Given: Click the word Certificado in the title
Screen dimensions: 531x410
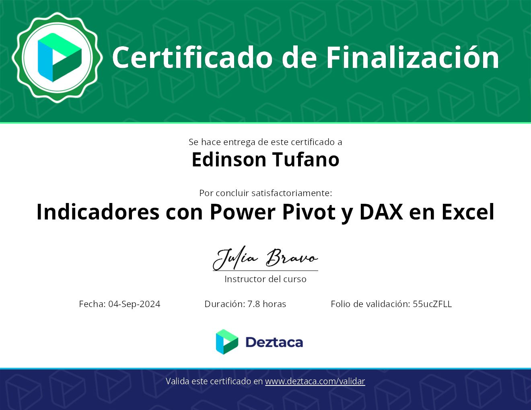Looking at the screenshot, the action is (x=192, y=58).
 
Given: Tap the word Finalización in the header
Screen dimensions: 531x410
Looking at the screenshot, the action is (x=412, y=57).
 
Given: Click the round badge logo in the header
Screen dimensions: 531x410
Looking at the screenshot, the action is (x=58, y=57).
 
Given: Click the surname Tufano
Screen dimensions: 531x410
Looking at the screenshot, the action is (x=306, y=160).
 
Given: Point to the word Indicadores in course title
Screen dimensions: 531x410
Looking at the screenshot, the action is (x=98, y=212).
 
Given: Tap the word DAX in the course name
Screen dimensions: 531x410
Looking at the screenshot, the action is (x=381, y=212).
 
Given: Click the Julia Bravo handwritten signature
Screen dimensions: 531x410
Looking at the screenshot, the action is (x=265, y=258).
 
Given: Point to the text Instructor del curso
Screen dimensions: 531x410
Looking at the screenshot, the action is (x=265, y=279).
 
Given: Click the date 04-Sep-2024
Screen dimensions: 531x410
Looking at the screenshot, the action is (x=134, y=304).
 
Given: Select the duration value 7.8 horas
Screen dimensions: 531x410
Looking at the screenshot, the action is (x=267, y=304).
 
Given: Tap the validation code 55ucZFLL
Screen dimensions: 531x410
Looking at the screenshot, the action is (x=432, y=304).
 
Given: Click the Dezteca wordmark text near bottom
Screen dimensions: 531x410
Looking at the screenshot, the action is (x=274, y=342).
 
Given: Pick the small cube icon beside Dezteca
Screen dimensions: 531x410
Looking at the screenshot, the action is (x=227, y=342).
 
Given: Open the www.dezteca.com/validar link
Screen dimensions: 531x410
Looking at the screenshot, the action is (x=315, y=381).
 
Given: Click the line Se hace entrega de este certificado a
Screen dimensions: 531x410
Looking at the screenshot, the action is (x=265, y=142).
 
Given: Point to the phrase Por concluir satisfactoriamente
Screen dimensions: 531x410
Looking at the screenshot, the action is (x=265, y=193).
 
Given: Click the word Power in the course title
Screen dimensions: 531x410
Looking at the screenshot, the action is (x=243, y=212).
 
